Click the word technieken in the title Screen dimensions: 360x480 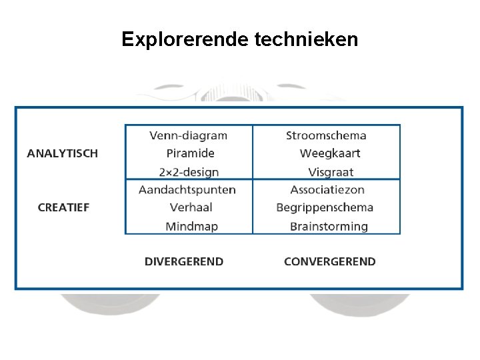point(307,40)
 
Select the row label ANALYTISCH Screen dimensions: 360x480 point(63,153)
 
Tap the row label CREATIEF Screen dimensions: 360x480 point(63,207)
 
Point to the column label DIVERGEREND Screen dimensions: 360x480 point(184,261)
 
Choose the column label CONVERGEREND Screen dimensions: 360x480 point(330,261)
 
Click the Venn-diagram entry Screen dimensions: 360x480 point(189,135)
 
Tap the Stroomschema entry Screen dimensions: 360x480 point(326,135)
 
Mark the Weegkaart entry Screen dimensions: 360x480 point(330,153)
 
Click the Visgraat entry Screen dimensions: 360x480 point(331,171)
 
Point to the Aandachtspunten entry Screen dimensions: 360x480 point(187,190)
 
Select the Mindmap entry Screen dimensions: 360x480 point(192,226)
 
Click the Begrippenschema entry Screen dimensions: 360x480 point(325,207)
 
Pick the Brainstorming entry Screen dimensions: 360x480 point(329,226)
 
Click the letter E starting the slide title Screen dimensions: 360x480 point(127,40)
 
